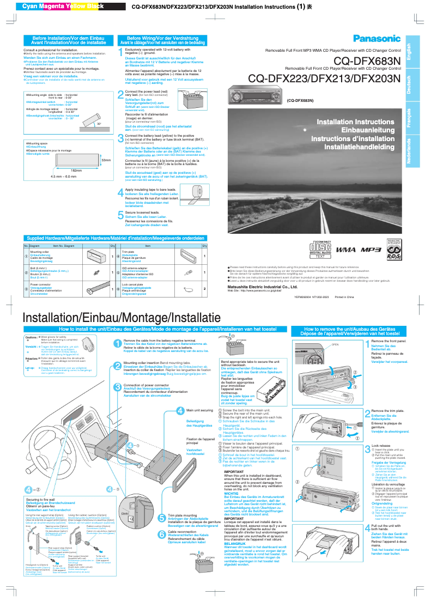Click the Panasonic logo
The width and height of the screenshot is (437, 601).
pyautogui.click(x=377, y=38)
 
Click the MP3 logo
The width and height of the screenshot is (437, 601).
pyautogui.click(x=371, y=249)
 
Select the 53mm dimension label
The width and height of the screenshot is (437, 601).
pyautogui.click(x=106, y=160)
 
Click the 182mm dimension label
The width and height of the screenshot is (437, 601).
pyautogui.click(x=64, y=171)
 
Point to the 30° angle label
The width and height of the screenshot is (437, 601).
pyautogui.click(x=99, y=124)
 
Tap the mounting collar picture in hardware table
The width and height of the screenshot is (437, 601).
pyautogui.click(x=97, y=256)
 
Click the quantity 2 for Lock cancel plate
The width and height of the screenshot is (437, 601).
pyautogui.click(x=204, y=288)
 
